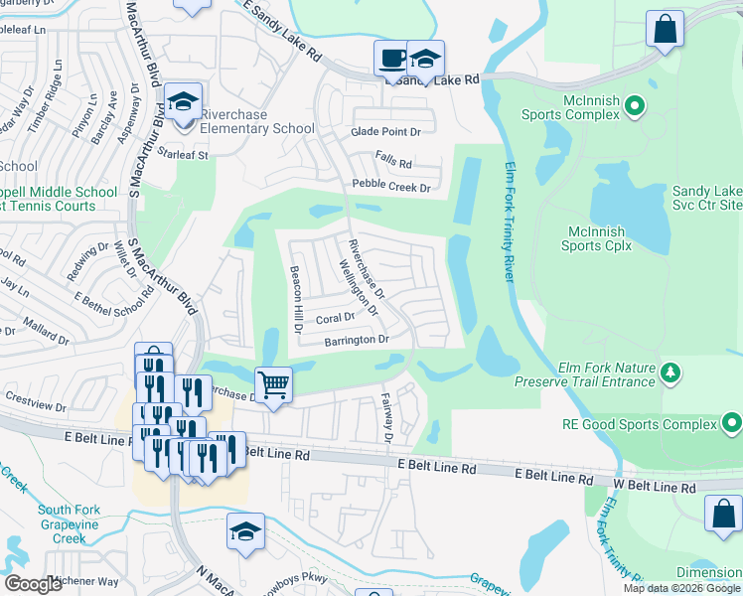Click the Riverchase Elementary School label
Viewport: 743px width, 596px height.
pyautogui.click(x=257, y=121)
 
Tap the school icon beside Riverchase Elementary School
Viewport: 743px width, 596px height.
pyautogui.click(x=184, y=102)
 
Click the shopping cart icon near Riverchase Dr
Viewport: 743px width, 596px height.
pyautogui.click(x=273, y=382)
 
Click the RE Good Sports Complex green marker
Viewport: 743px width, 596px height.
pyautogui.click(x=732, y=425)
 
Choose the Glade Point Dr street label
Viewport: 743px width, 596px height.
pyautogui.click(x=386, y=131)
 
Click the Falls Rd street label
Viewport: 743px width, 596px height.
pyautogui.click(x=392, y=158)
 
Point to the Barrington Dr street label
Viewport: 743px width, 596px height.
pyautogui.click(x=355, y=340)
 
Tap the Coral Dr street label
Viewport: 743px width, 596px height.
pyautogui.click(x=335, y=319)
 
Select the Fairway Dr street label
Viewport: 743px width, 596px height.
pyautogui.click(x=388, y=417)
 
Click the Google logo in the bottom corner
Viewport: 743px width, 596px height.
pyautogui.click(x=34, y=584)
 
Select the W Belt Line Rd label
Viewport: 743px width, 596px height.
pyautogui.click(x=654, y=488)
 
